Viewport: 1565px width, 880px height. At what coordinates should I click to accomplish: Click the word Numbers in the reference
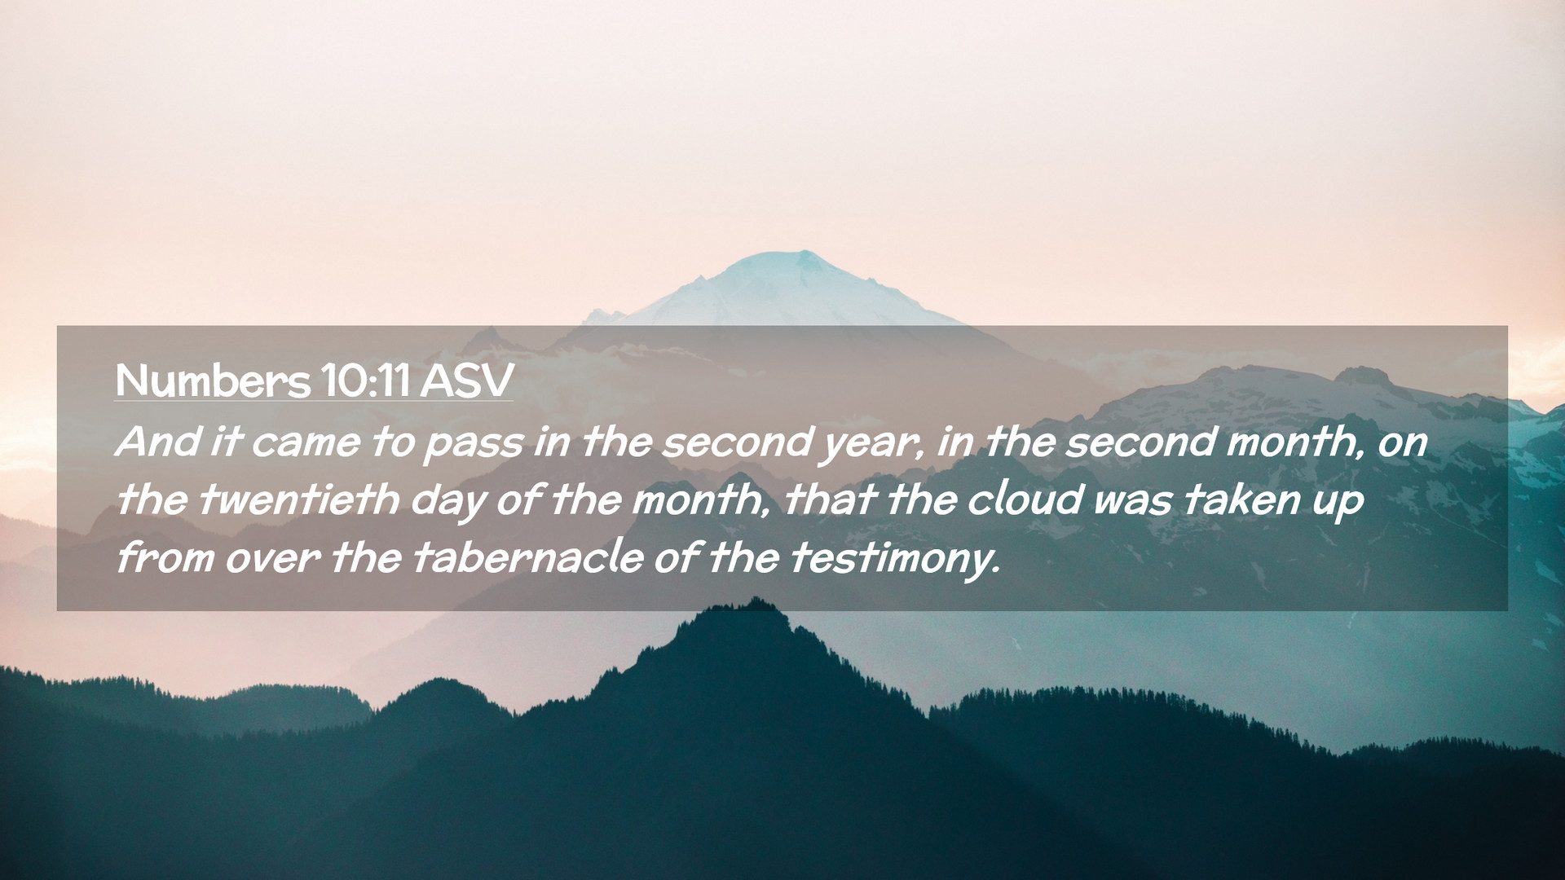[213, 381]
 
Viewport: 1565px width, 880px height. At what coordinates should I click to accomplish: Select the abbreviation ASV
[467, 381]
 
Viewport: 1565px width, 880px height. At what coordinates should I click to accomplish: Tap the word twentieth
[298, 499]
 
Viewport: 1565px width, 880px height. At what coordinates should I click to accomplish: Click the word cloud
[1025, 499]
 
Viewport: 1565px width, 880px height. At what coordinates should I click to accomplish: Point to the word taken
[1241, 499]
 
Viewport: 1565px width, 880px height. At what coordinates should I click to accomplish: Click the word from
[165, 558]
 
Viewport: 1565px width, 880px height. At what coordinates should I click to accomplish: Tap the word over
[272, 561]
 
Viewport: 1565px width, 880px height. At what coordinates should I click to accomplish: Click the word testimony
[894, 561]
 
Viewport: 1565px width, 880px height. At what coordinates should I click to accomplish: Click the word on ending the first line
[1403, 445]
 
